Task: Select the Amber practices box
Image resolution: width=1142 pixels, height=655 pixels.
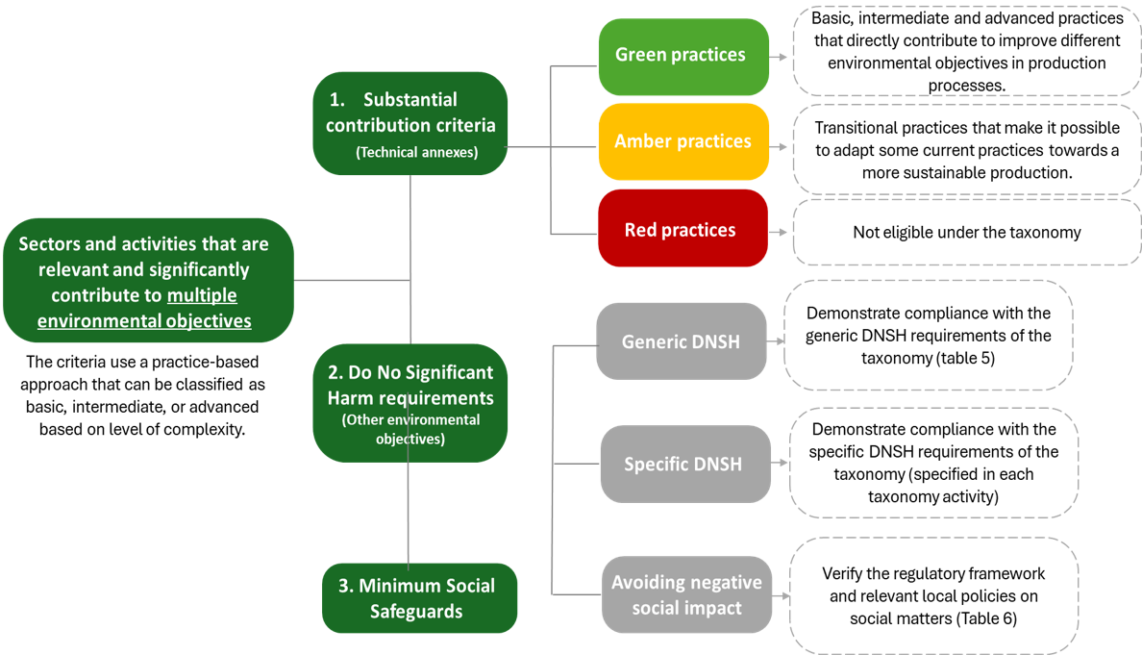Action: point(683,141)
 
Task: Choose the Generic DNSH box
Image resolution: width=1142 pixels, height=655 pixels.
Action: point(681,341)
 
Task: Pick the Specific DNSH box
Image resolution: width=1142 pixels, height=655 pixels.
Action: point(683,465)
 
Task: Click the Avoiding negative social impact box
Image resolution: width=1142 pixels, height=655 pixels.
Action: point(686,594)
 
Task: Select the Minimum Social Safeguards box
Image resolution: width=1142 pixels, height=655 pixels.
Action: point(417,598)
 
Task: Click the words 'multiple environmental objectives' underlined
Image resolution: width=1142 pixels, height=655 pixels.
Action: point(144,309)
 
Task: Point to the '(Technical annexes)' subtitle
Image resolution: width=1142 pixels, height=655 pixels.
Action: point(416,152)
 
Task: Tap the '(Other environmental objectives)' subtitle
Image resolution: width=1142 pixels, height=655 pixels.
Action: point(410,429)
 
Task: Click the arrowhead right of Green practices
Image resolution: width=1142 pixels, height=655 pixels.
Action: point(783,57)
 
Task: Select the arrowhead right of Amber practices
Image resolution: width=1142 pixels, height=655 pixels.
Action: point(783,148)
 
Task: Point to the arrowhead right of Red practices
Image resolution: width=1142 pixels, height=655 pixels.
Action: point(783,233)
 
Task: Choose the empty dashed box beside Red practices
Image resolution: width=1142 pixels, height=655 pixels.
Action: point(965,232)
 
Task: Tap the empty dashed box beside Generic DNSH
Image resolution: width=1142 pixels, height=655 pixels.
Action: point(928,335)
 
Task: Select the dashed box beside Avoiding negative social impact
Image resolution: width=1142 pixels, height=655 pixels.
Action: point(933,596)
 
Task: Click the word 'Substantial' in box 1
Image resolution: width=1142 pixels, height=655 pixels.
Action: point(410,100)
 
